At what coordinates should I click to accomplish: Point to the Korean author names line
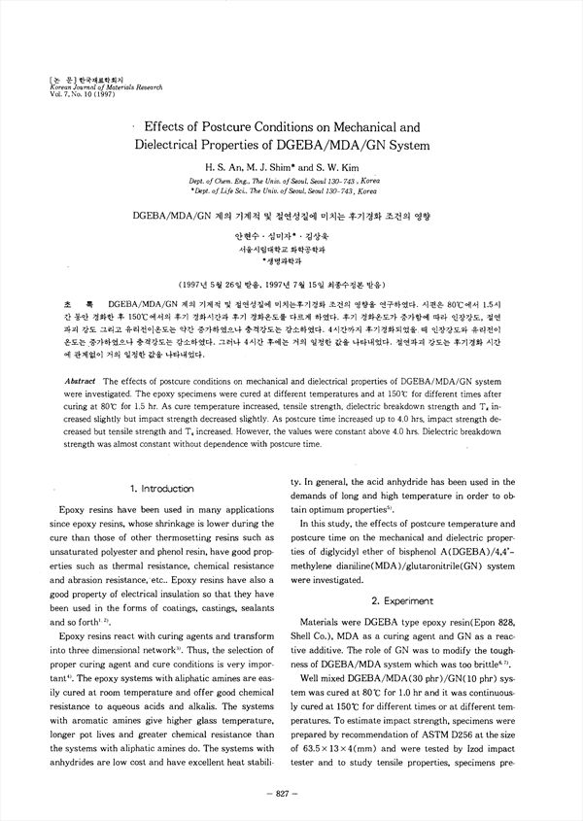(x=291, y=236)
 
